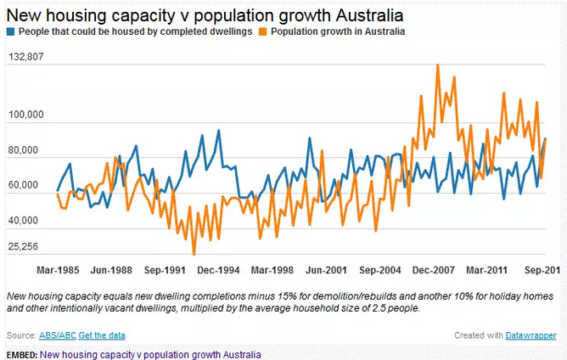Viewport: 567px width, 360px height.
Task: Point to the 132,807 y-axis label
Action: pos(26,57)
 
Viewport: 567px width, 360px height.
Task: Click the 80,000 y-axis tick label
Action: pos(29,150)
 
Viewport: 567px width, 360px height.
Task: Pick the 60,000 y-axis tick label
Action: pos(29,185)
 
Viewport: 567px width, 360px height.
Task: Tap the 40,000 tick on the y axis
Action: pos(29,221)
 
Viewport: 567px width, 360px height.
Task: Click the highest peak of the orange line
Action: pos(437,65)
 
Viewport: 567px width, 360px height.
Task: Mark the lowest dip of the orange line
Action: pos(194,254)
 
